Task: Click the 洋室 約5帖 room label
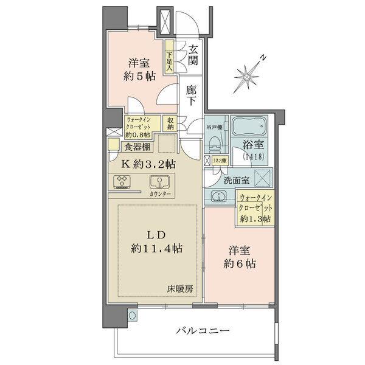click(140, 69)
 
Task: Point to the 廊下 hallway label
click(192, 96)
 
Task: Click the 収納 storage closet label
click(171, 123)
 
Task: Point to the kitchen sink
click(161, 182)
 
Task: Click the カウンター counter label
click(159, 193)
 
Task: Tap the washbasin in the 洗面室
click(217, 196)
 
